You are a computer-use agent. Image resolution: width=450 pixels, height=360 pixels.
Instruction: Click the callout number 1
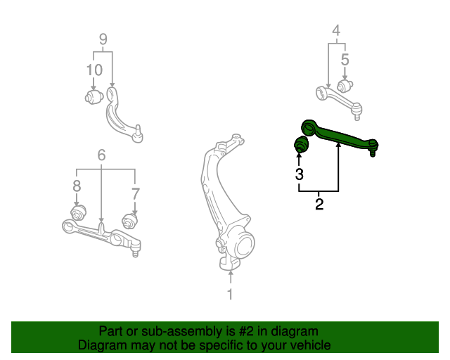coord(229,294)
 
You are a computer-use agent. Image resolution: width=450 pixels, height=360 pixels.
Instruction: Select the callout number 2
coord(319,205)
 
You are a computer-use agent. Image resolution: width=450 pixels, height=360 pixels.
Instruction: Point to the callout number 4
coord(336,30)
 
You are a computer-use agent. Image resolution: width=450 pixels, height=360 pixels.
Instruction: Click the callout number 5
coord(345,59)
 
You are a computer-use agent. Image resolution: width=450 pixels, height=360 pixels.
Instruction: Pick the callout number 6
coord(102,155)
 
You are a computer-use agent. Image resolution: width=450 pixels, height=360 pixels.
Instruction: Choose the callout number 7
coord(136,191)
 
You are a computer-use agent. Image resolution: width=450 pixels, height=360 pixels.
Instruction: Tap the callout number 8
coord(77,186)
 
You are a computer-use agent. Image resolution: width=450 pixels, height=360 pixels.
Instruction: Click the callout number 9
coord(103,39)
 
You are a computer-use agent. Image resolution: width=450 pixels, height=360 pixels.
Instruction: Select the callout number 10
coord(94,70)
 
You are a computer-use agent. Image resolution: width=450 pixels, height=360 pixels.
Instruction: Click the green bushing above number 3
coord(301,146)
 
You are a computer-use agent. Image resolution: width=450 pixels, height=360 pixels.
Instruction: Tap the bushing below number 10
coord(94,96)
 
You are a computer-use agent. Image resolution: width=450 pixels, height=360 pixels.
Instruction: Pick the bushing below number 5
coord(344,86)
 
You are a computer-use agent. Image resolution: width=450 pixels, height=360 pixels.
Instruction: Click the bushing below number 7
coord(130,221)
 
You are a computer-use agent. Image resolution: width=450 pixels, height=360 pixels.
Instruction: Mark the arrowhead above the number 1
coord(229,270)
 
